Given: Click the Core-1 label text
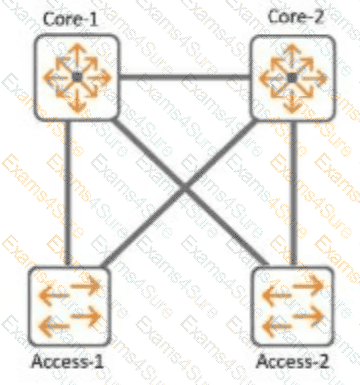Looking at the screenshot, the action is pos(71,19).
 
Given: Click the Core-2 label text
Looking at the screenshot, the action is pos(295,17).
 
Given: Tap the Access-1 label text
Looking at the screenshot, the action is pos(68,361).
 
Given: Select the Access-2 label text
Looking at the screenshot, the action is pos(292,361).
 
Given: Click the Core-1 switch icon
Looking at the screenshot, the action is pos(77,78).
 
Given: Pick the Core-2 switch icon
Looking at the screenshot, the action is pos(292,78).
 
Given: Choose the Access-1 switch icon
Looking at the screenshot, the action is pos(69,305).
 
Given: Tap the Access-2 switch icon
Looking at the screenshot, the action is pos(292,305).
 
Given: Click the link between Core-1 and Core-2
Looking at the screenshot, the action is pos(184,78).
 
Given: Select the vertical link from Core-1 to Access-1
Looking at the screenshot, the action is pos(68,193).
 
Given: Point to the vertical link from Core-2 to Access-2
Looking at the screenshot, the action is pos(294,194).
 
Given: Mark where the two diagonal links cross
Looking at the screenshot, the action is pos(184,189).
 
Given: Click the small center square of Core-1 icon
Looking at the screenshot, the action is pos(77,78).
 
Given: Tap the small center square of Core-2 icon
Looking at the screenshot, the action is pos(292,79).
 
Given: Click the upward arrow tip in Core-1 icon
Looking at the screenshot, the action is pos(77,45).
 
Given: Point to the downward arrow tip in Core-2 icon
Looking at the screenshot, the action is pos(292,112).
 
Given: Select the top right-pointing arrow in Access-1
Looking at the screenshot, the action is pos(86,285).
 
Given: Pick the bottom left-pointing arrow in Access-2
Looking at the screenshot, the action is pos(277,326).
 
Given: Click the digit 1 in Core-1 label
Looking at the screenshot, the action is pos(93,20).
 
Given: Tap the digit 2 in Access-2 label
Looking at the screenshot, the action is pos(323,361).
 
